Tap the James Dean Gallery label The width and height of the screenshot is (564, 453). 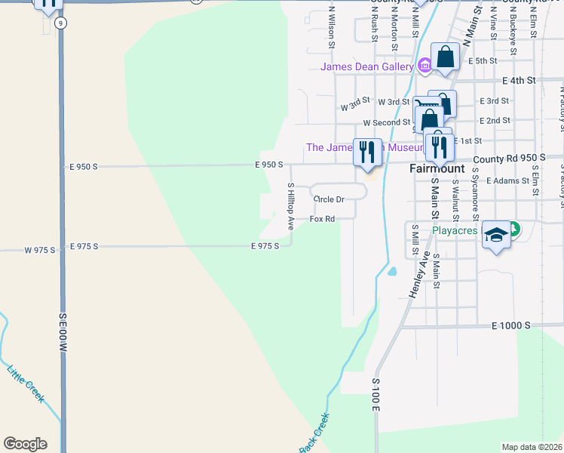click(366, 66)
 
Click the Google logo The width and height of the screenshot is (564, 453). click(25, 444)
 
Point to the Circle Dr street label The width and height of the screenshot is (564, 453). click(329, 199)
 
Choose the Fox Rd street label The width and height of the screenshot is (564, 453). click(322, 220)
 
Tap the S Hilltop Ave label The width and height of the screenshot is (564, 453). click(290, 205)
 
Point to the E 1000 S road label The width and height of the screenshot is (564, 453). click(511, 325)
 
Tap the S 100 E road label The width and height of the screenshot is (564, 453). click(375, 395)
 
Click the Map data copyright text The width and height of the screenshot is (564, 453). click(532, 447)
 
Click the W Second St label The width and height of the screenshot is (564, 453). click(386, 122)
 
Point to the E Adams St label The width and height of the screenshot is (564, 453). click(507, 181)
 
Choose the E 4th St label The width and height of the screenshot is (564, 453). click(519, 79)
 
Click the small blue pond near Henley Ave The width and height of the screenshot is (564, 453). click(391, 270)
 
